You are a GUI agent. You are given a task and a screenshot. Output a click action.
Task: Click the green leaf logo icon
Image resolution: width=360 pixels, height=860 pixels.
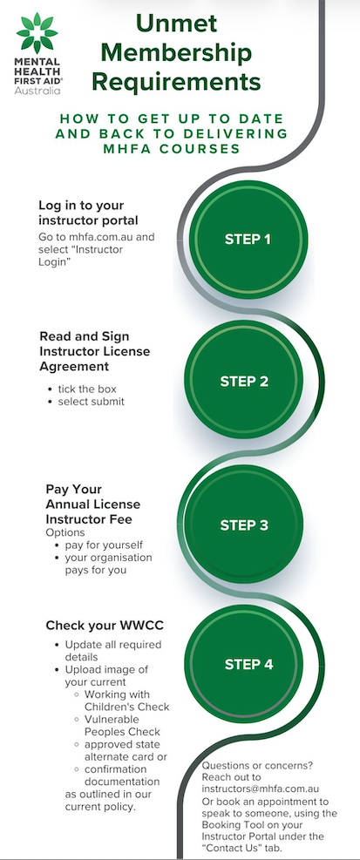37,33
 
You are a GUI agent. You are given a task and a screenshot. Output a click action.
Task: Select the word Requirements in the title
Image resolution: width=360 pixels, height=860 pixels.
176,82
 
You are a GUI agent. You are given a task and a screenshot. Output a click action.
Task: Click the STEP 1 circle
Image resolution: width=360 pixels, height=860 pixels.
248,239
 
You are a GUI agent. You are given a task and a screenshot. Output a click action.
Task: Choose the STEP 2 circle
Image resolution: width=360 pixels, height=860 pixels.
244,381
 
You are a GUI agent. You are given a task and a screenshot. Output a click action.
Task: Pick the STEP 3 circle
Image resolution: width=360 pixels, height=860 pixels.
244,525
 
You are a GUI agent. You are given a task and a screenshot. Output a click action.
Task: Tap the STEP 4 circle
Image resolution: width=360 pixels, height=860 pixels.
248,664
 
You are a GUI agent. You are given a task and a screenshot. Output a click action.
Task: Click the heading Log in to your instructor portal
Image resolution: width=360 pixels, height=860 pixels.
88,213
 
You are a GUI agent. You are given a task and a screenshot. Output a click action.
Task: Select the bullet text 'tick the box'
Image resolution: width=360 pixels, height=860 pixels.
87,389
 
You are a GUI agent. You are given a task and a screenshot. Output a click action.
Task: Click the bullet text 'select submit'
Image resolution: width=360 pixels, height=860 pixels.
92,402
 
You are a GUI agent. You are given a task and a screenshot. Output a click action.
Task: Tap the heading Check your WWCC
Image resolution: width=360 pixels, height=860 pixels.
105,626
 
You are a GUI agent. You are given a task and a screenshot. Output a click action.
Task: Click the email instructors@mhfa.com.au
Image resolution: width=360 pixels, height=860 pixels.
261,789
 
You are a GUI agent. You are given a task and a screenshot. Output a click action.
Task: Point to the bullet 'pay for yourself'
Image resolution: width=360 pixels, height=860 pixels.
104,545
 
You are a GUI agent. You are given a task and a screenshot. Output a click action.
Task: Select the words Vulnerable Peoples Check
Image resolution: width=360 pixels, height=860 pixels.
122,725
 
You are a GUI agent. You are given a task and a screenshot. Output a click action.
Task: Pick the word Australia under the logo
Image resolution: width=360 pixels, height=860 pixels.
37,91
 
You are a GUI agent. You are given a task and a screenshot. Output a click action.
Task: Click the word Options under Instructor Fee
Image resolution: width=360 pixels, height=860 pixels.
65,532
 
